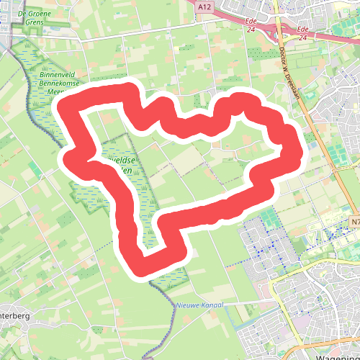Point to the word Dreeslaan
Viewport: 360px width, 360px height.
click(294, 84)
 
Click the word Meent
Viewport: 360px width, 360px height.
click(58, 91)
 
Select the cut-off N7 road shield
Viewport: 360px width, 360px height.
click(355, 222)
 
